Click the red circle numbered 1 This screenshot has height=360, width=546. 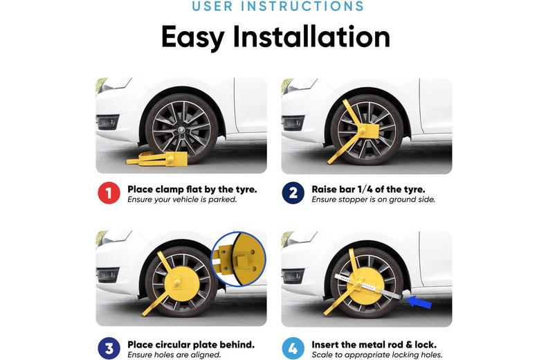tap(109, 193)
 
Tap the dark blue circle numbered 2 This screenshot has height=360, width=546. tap(293, 193)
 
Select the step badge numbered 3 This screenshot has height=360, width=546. tap(109, 348)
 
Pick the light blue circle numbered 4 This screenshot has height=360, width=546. tap(293, 348)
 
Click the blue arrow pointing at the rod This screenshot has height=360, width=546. tap(419, 302)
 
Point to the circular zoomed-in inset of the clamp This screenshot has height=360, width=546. tap(239, 259)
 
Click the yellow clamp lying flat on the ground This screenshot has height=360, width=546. tap(156, 159)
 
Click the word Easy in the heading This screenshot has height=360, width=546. tap(192, 37)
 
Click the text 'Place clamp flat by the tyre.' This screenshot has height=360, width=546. tap(192, 189)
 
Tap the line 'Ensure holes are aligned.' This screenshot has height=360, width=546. tap(174, 354)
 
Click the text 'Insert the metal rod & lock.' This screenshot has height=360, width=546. tap(374, 345)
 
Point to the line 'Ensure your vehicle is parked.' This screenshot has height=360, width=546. tap(182, 199)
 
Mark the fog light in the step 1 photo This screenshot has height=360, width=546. tap(107, 123)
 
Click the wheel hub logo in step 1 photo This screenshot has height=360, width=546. tap(181, 129)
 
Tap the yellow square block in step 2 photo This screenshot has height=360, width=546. tap(368, 132)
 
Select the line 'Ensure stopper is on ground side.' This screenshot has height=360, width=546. tap(373, 199)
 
